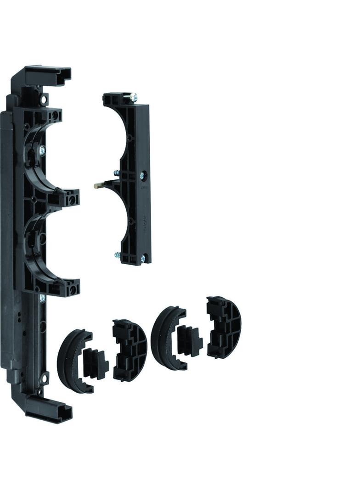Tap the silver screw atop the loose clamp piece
(134, 97)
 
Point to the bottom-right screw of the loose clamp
(143, 260)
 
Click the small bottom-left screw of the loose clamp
(117, 255)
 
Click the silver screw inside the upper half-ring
(42, 150)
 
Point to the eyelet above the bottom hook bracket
(44, 379)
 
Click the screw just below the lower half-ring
(42, 298)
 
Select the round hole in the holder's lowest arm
(71, 291)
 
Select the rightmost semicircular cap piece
(224, 327)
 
